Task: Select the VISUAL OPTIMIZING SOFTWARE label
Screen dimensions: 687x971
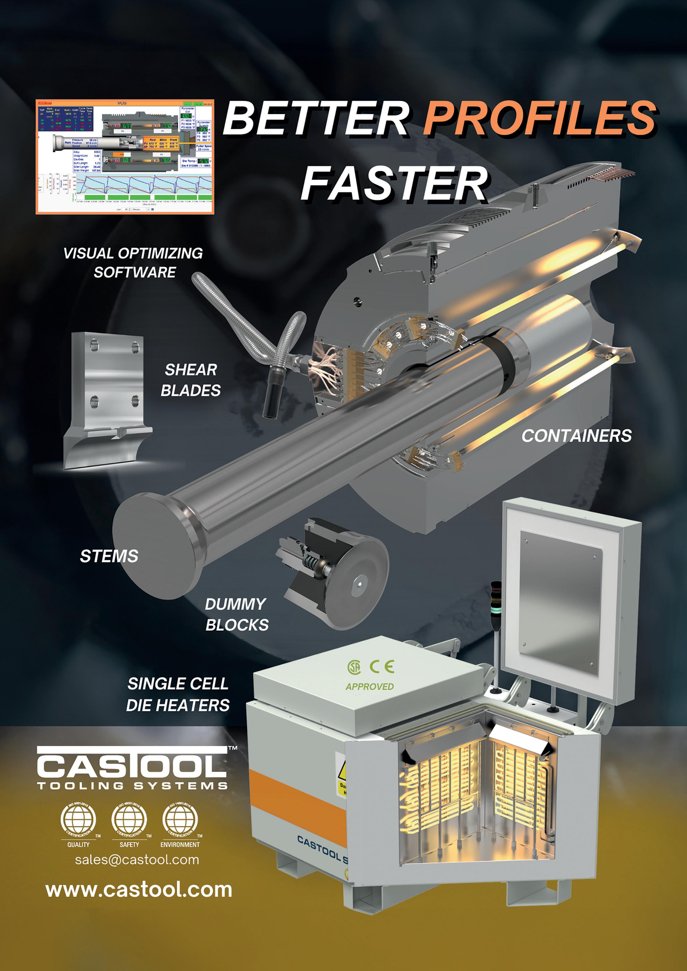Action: coord(133,262)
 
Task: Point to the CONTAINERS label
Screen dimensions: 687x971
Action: coord(576,436)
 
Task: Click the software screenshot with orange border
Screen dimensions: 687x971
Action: coord(125,157)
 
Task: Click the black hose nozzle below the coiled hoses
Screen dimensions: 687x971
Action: coord(269,402)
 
